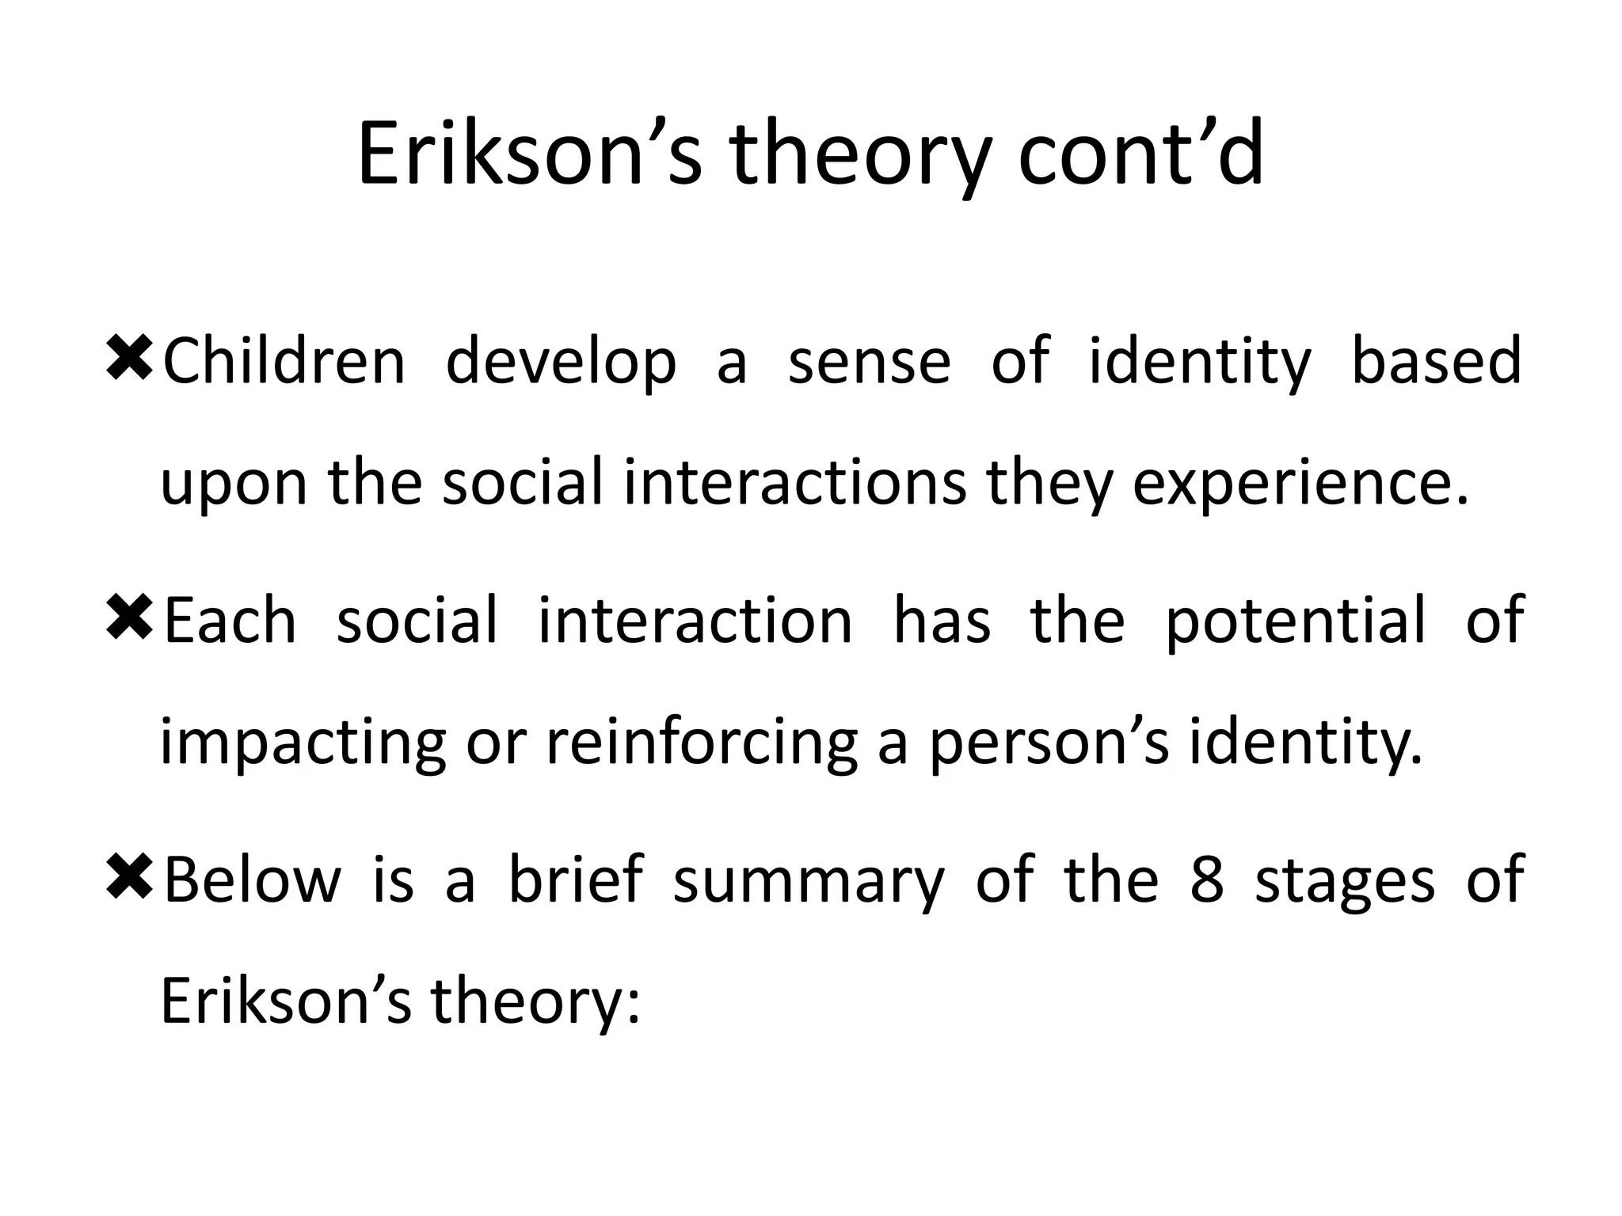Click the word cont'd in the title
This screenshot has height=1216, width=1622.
[x=1140, y=154]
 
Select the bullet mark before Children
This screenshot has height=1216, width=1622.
[x=128, y=359]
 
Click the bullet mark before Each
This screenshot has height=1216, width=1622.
[x=128, y=618]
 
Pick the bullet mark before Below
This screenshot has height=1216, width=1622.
[x=128, y=878]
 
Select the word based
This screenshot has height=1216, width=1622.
[x=1435, y=361]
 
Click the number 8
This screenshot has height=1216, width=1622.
[x=1206, y=880]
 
